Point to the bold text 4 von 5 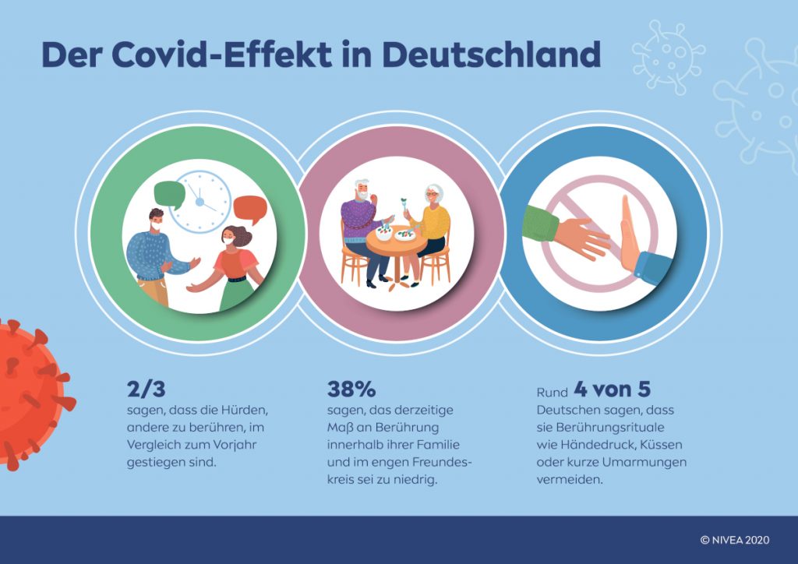click(x=612, y=389)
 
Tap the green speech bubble click(x=169, y=194)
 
